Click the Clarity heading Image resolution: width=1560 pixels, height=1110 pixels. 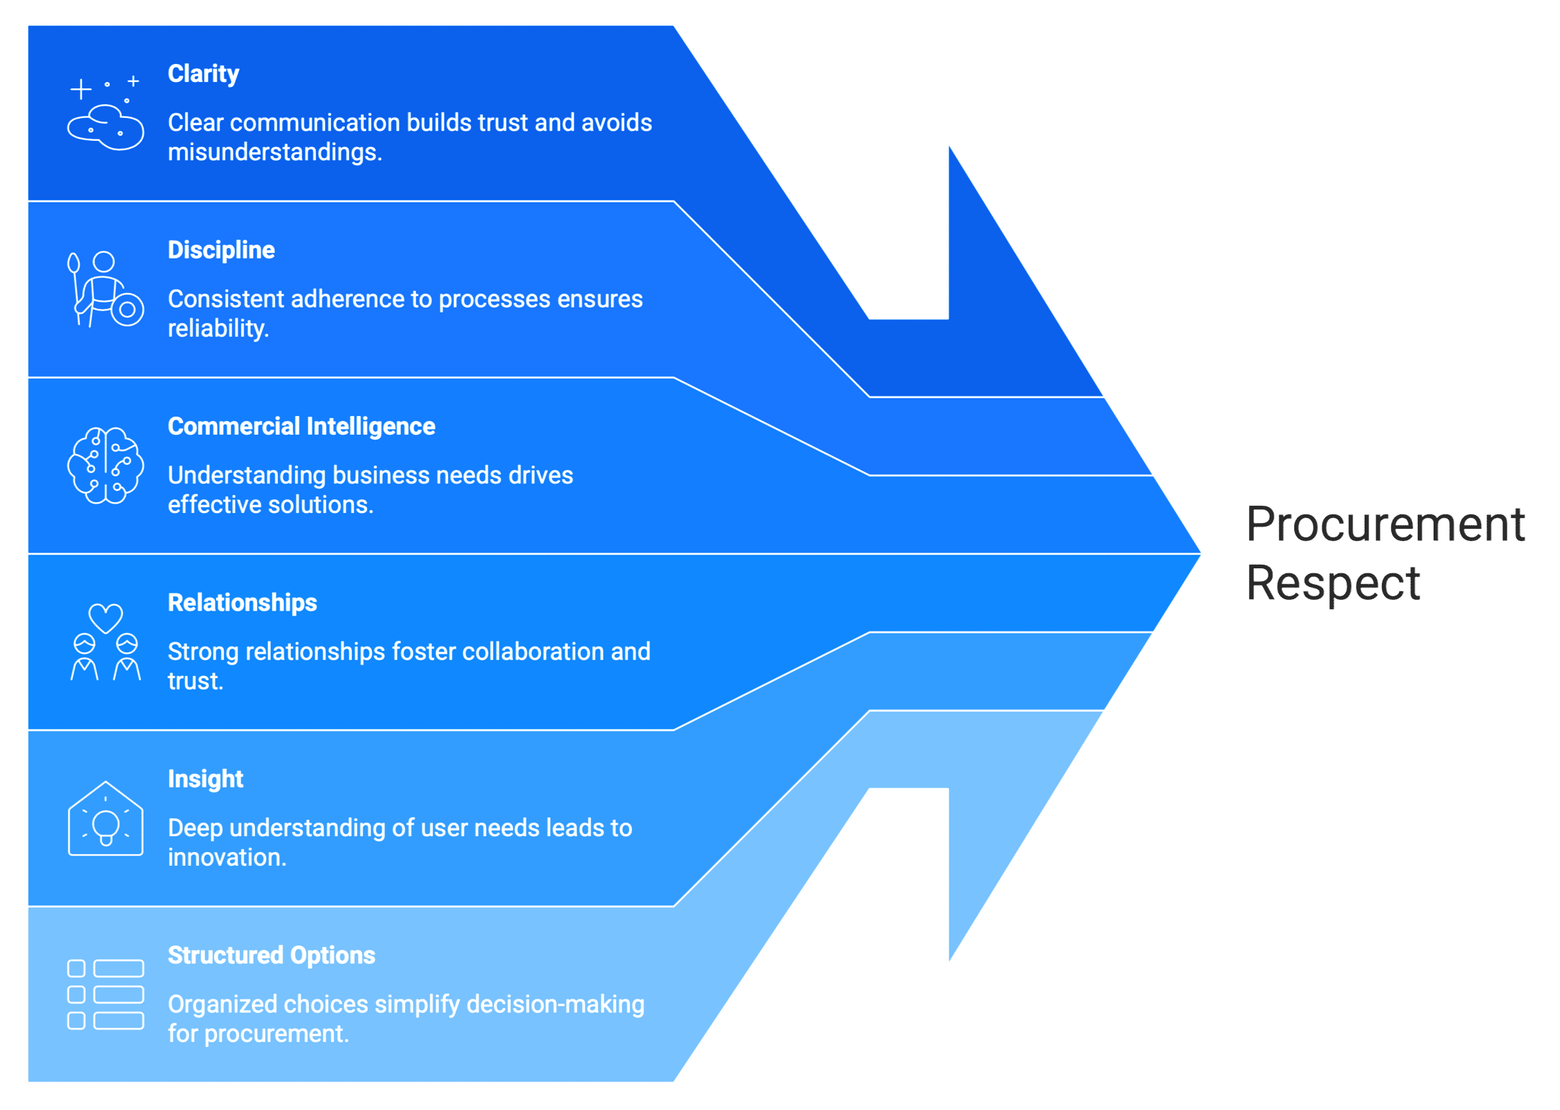click(x=203, y=74)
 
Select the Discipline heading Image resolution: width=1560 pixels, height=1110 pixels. click(x=221, y=250)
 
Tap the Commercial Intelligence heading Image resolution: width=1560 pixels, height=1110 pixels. click(x=301, y=427)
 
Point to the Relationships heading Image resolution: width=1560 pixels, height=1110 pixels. click(x=242, y=603)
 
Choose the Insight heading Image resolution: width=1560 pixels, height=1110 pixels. click(x=205, y=780)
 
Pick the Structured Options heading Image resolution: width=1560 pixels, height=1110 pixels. click(x=271, y=956)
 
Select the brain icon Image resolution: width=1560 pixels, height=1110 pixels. click(x=105, y=466)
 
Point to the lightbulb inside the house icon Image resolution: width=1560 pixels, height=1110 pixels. click(x=106, y=826)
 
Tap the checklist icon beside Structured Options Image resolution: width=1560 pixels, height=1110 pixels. click(x=105, y=994)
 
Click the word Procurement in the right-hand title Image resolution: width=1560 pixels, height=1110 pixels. click(x=1385, y=524)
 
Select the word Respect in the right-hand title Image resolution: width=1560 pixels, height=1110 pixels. click(x=1333, y=583)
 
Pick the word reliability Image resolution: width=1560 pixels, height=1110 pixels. click(x=217, y=329)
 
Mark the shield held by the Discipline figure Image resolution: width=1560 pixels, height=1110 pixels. click(x=128, y=310)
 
